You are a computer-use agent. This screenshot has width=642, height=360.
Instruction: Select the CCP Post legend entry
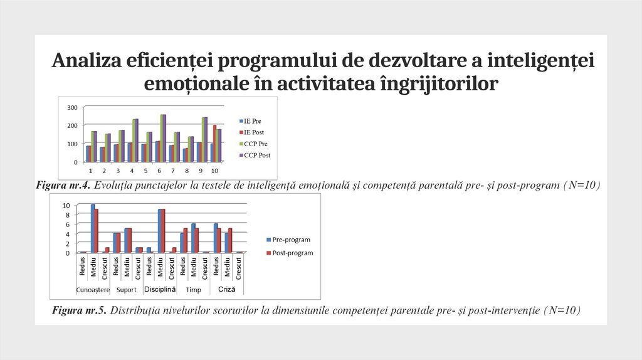[256, 155]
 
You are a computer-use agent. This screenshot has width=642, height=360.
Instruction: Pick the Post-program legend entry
[289, 253]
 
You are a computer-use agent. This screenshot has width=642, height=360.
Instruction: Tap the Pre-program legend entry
[288, 240]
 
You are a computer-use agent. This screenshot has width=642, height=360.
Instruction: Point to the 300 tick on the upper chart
[72, 108]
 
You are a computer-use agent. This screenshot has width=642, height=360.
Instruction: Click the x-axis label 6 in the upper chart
[160, 171]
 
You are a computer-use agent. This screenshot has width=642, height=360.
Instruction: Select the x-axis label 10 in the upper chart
[214, 171]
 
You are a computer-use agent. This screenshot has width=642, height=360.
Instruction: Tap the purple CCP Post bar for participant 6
[164, 138]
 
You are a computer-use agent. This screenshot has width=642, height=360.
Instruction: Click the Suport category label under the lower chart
[126, 290]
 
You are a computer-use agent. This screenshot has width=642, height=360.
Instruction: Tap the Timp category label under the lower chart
[193, 290]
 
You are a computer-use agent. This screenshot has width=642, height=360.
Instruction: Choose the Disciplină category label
[160, 290]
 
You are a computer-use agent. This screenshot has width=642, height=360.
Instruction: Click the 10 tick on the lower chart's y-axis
[66, 205]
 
